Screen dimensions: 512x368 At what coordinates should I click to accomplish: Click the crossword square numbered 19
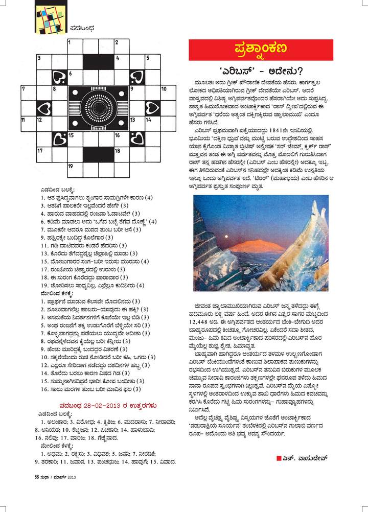(75, 169)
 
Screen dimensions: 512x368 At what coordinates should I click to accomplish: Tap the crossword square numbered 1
(75, 46)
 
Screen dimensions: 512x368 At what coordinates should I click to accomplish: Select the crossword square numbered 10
(167, 92)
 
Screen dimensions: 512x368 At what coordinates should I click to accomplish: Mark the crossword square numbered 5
(151, 62)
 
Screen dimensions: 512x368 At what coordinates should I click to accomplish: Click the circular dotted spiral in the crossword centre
(98, 107)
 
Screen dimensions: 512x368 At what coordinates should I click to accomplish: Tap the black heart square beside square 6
(59, 77)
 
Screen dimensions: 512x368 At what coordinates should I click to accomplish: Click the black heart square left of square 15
(59, 138)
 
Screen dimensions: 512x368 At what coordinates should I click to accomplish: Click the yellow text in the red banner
(261, 50)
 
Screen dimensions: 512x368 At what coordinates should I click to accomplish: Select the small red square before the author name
(279, 457)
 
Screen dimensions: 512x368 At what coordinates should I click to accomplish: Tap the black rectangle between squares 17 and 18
(98, 154)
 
